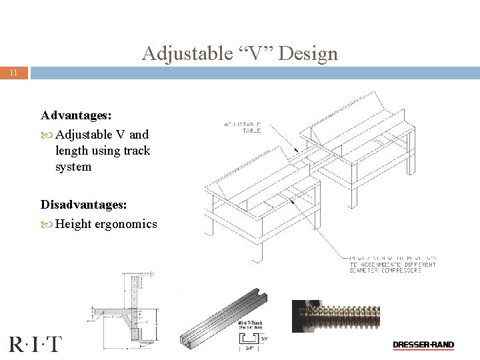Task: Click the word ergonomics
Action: tap(127, 224)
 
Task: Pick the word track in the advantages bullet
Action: tap(137, 151)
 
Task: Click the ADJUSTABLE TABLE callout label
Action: tap(243, 127)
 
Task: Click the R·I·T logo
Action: tap(35, 344)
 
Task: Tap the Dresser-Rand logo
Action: tap(423, 345)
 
